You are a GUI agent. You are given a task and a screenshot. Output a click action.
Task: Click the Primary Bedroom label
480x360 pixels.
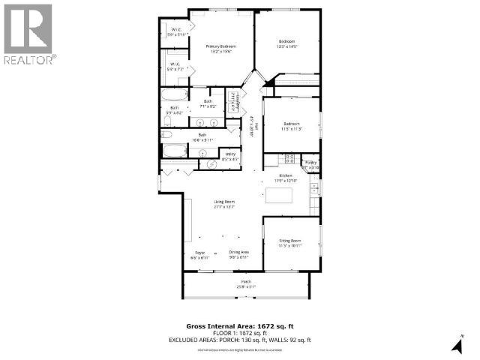pyautogui.click(x=222, y=46)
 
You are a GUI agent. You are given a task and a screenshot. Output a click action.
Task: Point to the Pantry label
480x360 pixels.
pyautogui.click(x=311, y=161)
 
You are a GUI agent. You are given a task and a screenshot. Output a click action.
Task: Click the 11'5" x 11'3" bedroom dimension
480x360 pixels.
pyautogui.click(x=291, y=128)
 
